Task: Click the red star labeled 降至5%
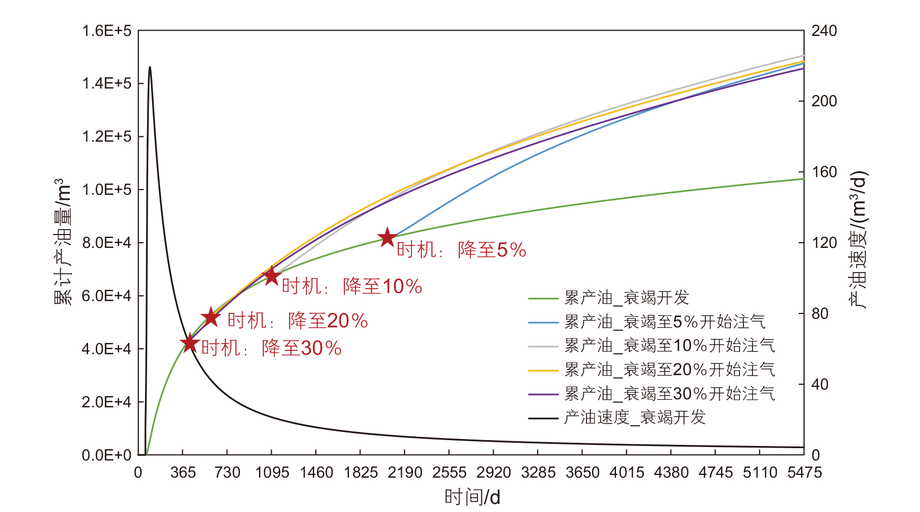pyautogui.click(x=387, y=237)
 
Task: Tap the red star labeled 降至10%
pyautogui.click(x=271, y=276)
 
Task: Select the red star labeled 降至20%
pyautogui.click(x=211, y=317)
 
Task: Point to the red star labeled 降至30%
pyautogui.click(x=190, y=342)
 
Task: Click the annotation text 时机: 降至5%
pyautogui.click(x=461, y=250)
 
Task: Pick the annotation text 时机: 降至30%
pyautogui.click(x=271, y=348)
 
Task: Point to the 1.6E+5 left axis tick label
pyautogui.click(x=106, y=31)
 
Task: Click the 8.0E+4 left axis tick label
pyautogui.click(x=106, y=243)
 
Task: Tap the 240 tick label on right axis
pyautogui.click(x=824, y=31)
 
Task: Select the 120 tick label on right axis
pyautogui.click(x=824, y=243)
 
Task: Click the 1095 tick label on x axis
pyautogui.click(x=272, y=473)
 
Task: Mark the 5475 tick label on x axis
pyautogui.click(x=804, y=473)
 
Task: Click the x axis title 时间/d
pyautogui.click(x=472, y=498)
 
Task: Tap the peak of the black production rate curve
pyautogui.click(x=150, y=67)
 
